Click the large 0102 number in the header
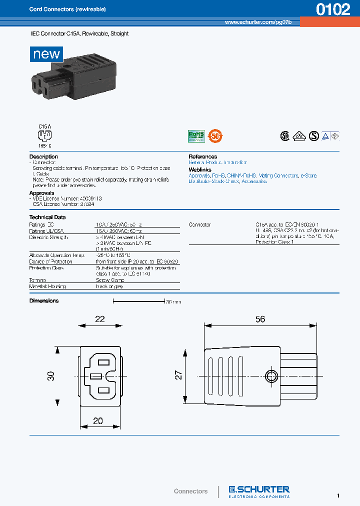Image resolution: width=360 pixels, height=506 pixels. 333,10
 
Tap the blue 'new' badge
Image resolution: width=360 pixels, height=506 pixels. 46,54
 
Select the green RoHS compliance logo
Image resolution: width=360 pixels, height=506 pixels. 196,135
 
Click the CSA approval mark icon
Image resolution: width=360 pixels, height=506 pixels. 284,135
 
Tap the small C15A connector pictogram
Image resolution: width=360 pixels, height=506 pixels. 45,135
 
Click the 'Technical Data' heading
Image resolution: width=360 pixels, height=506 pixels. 47,217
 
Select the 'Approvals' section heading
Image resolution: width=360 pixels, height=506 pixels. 42,193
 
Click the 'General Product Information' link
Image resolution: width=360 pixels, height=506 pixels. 217,162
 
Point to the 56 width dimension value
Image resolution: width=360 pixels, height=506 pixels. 260,319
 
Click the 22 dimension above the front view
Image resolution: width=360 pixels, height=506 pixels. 100,319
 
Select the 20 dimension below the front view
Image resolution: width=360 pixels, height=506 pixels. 98,421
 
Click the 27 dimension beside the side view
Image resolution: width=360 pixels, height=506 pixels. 178,375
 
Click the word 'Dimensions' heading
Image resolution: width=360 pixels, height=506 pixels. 44,301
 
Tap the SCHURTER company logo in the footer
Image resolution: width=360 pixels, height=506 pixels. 259,490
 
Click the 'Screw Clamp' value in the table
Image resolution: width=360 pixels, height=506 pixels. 110,280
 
